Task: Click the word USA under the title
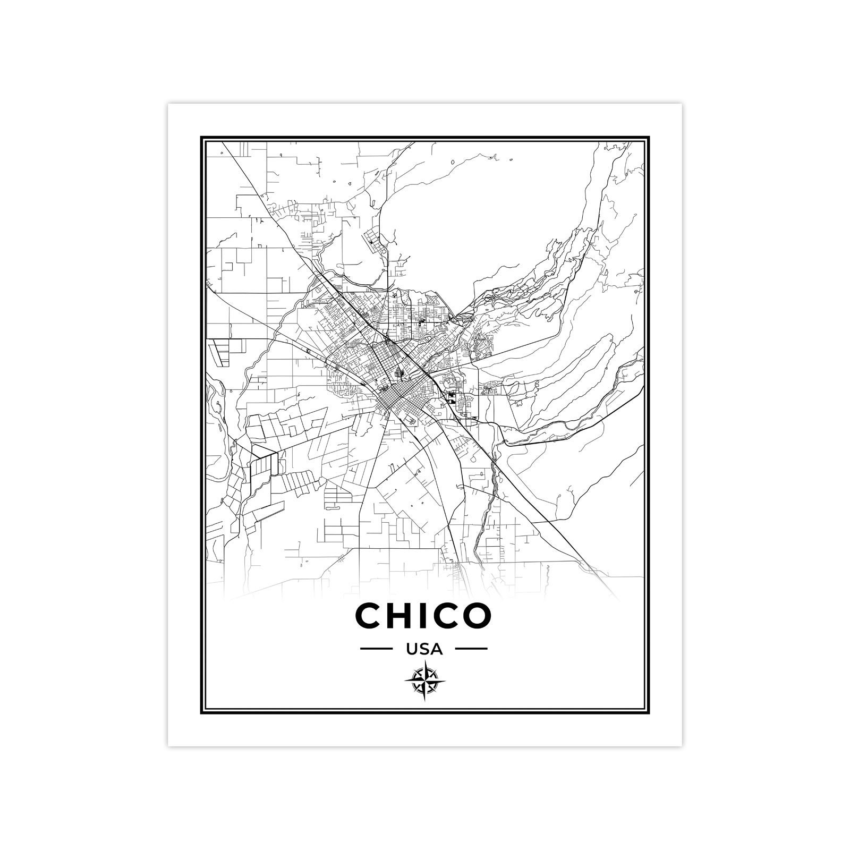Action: (x=424, y=649)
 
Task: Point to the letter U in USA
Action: (x=412, y=649)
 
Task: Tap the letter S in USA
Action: (x=424, y=649)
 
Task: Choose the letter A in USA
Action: (x=436, y=649)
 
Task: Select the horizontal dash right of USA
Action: (x=472, y=649)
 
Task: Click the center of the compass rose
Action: (x=425, y=681)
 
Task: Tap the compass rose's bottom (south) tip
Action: (x=425, y=702)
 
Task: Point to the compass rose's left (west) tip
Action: (x=404, y=681)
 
